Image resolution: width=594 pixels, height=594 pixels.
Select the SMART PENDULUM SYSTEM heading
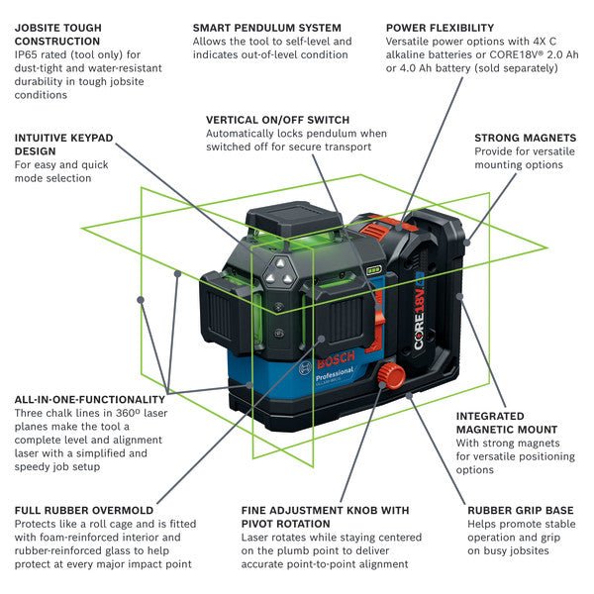[x=266, y=28]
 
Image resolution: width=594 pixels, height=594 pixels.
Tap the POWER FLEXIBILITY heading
[x=440, y=28]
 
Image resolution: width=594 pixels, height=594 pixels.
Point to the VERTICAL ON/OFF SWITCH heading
[x=277, y=119]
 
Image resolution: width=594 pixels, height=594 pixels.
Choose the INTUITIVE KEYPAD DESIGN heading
[x=64, y=145]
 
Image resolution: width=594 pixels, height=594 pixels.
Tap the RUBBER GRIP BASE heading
[x=520, y=511]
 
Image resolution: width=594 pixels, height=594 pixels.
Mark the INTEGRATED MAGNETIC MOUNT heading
[x=504, y=423]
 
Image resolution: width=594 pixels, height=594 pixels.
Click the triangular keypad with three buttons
[x=280, y=267]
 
